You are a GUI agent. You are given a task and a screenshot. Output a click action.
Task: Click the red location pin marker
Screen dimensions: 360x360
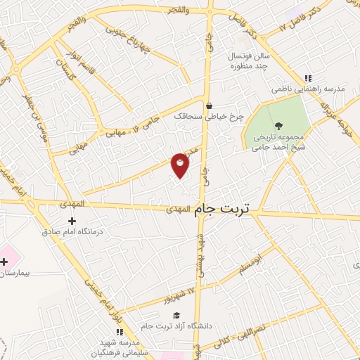coord(180,165)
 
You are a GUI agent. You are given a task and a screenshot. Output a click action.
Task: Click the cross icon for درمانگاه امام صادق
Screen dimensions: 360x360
coord(72,221)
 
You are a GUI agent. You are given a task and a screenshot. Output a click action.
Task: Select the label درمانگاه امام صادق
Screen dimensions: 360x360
coord(72,231)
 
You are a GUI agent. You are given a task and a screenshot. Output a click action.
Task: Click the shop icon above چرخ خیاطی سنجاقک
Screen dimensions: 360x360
coord(209,105)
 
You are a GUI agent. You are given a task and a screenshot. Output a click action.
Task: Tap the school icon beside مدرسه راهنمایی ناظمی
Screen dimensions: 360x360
coord(307,79)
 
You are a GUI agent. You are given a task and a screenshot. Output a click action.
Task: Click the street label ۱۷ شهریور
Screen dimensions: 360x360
coord(161,297)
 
